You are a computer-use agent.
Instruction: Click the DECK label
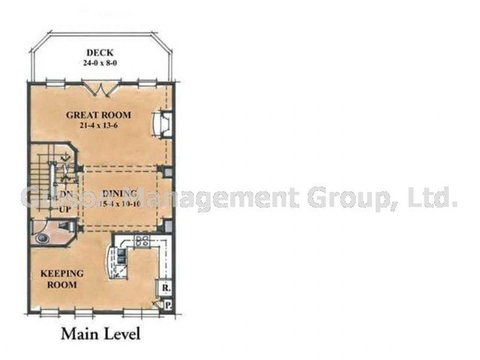point(99,52)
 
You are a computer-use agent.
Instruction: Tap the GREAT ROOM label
point(98,115)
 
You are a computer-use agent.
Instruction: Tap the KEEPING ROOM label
point(61,279)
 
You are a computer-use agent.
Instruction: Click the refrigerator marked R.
point(166,288)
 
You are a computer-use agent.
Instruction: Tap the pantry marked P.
point(168,303)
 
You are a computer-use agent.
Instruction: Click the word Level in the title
point(120,333)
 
